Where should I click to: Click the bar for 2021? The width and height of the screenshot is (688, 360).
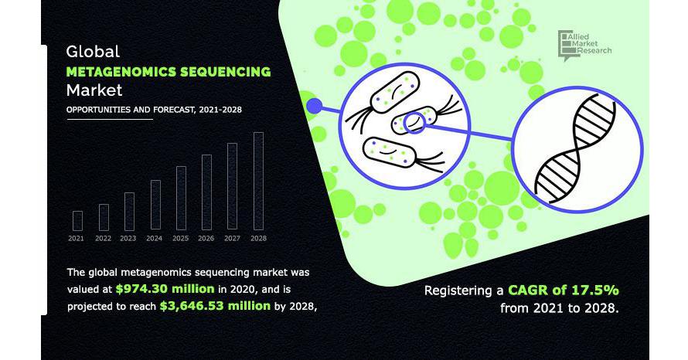[77, 221]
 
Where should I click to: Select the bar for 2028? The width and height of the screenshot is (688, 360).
[258, 181]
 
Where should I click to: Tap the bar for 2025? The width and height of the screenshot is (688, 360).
[181, 199]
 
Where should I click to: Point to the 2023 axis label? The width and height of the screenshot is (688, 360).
[128, 239]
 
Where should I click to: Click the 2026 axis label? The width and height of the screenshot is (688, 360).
[206, 239]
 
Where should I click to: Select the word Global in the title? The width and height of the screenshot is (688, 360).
[93, 52]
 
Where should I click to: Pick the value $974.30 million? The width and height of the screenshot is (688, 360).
[165, 288]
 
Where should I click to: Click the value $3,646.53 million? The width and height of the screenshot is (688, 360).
[215, 306]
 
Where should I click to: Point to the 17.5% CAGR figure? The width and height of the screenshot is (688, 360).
[596, 290]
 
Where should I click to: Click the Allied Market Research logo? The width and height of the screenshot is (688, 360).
[584, 45]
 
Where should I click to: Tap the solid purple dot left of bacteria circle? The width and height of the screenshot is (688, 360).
[314, 106]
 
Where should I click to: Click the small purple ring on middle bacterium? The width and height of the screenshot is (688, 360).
[414, 123]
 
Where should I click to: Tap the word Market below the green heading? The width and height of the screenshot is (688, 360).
[94, 90]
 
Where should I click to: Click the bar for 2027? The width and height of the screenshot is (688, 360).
[232, 186]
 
